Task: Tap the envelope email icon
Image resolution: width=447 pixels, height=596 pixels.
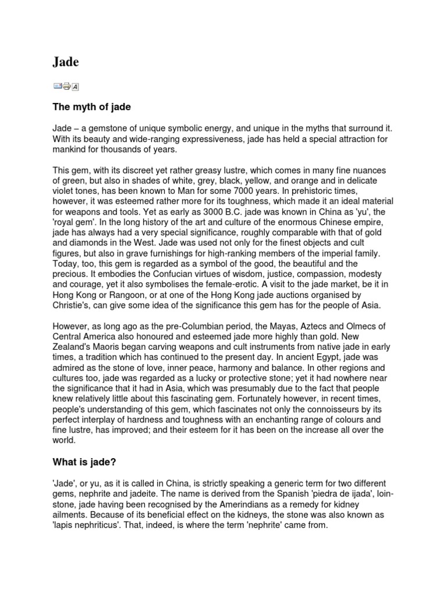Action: click(x=58, y=86)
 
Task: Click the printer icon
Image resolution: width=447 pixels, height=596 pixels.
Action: click(x=66, y=87)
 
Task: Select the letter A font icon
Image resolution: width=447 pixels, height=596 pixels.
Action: click(x=75, y=87)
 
